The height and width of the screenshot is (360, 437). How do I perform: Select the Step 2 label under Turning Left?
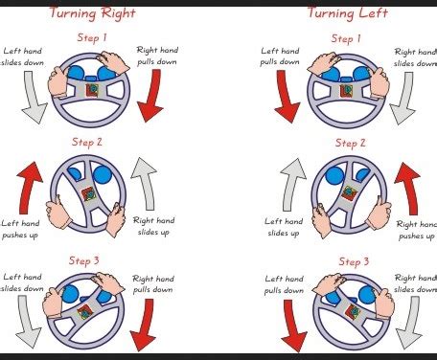[350, 144]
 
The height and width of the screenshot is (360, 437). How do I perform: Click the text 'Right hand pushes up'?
[416, 230]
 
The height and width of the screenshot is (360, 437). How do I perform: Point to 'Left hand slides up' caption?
[284, 227]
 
